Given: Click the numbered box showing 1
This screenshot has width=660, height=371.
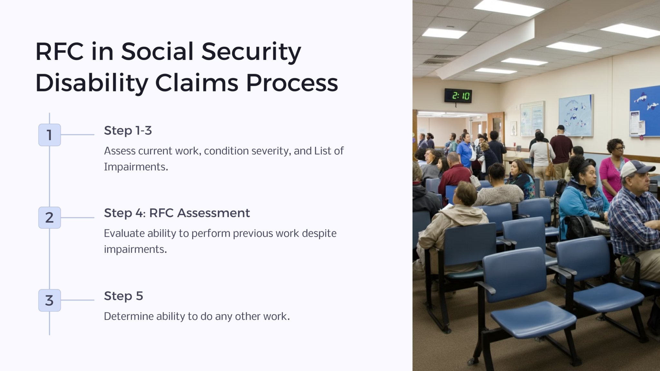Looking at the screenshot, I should tap(49, 135).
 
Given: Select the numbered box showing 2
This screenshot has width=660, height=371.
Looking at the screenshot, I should tap(49, 218).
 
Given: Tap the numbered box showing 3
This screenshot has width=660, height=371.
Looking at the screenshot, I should tap(49, 300).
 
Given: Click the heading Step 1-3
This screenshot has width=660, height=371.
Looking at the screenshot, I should tap(128, 130).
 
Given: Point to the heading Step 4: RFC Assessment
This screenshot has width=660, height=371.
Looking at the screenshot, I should tap(177, 213).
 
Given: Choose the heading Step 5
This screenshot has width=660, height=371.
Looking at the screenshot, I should tap(123, 296).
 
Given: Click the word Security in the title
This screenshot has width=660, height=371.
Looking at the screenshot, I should tap(251, 52).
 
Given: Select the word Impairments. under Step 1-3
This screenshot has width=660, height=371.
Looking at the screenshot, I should tap(136, 167).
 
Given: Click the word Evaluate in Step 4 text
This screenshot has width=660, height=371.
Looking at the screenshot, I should tap(124, 233).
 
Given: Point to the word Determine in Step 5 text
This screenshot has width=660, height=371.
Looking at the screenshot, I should tap(128, 316).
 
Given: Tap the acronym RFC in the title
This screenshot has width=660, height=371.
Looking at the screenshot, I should tap(59, 52).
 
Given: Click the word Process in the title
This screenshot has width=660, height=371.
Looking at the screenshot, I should tap(292, 83).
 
